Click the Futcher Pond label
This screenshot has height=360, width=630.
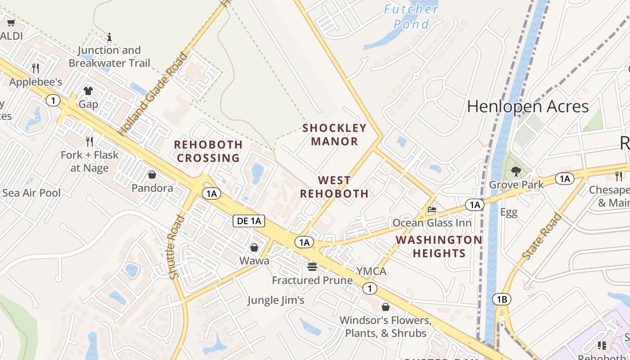411,16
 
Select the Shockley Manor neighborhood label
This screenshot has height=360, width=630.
334,135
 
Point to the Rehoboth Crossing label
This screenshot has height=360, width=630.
208,151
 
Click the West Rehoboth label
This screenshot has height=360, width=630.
334,187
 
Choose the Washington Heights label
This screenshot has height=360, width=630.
439,246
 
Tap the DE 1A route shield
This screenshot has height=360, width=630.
248,220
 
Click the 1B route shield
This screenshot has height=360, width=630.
502,299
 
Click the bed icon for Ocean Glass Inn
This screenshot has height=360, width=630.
432,210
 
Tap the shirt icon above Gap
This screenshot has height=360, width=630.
88,91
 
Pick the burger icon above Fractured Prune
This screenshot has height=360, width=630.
312,267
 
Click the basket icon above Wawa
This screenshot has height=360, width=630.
254,247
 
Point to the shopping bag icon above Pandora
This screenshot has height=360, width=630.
152,175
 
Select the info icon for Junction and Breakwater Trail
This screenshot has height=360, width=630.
109,37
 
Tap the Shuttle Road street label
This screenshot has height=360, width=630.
178,247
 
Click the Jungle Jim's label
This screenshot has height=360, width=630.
276,300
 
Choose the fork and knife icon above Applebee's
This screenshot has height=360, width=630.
36,68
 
